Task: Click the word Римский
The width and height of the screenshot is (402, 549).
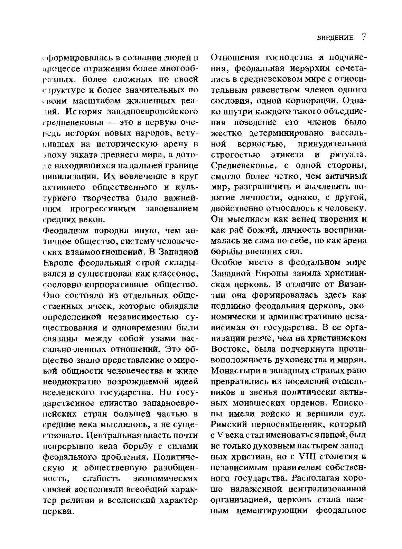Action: click(x=228, y=424)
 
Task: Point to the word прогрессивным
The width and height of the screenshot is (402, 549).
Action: click(x=100, y=209)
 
